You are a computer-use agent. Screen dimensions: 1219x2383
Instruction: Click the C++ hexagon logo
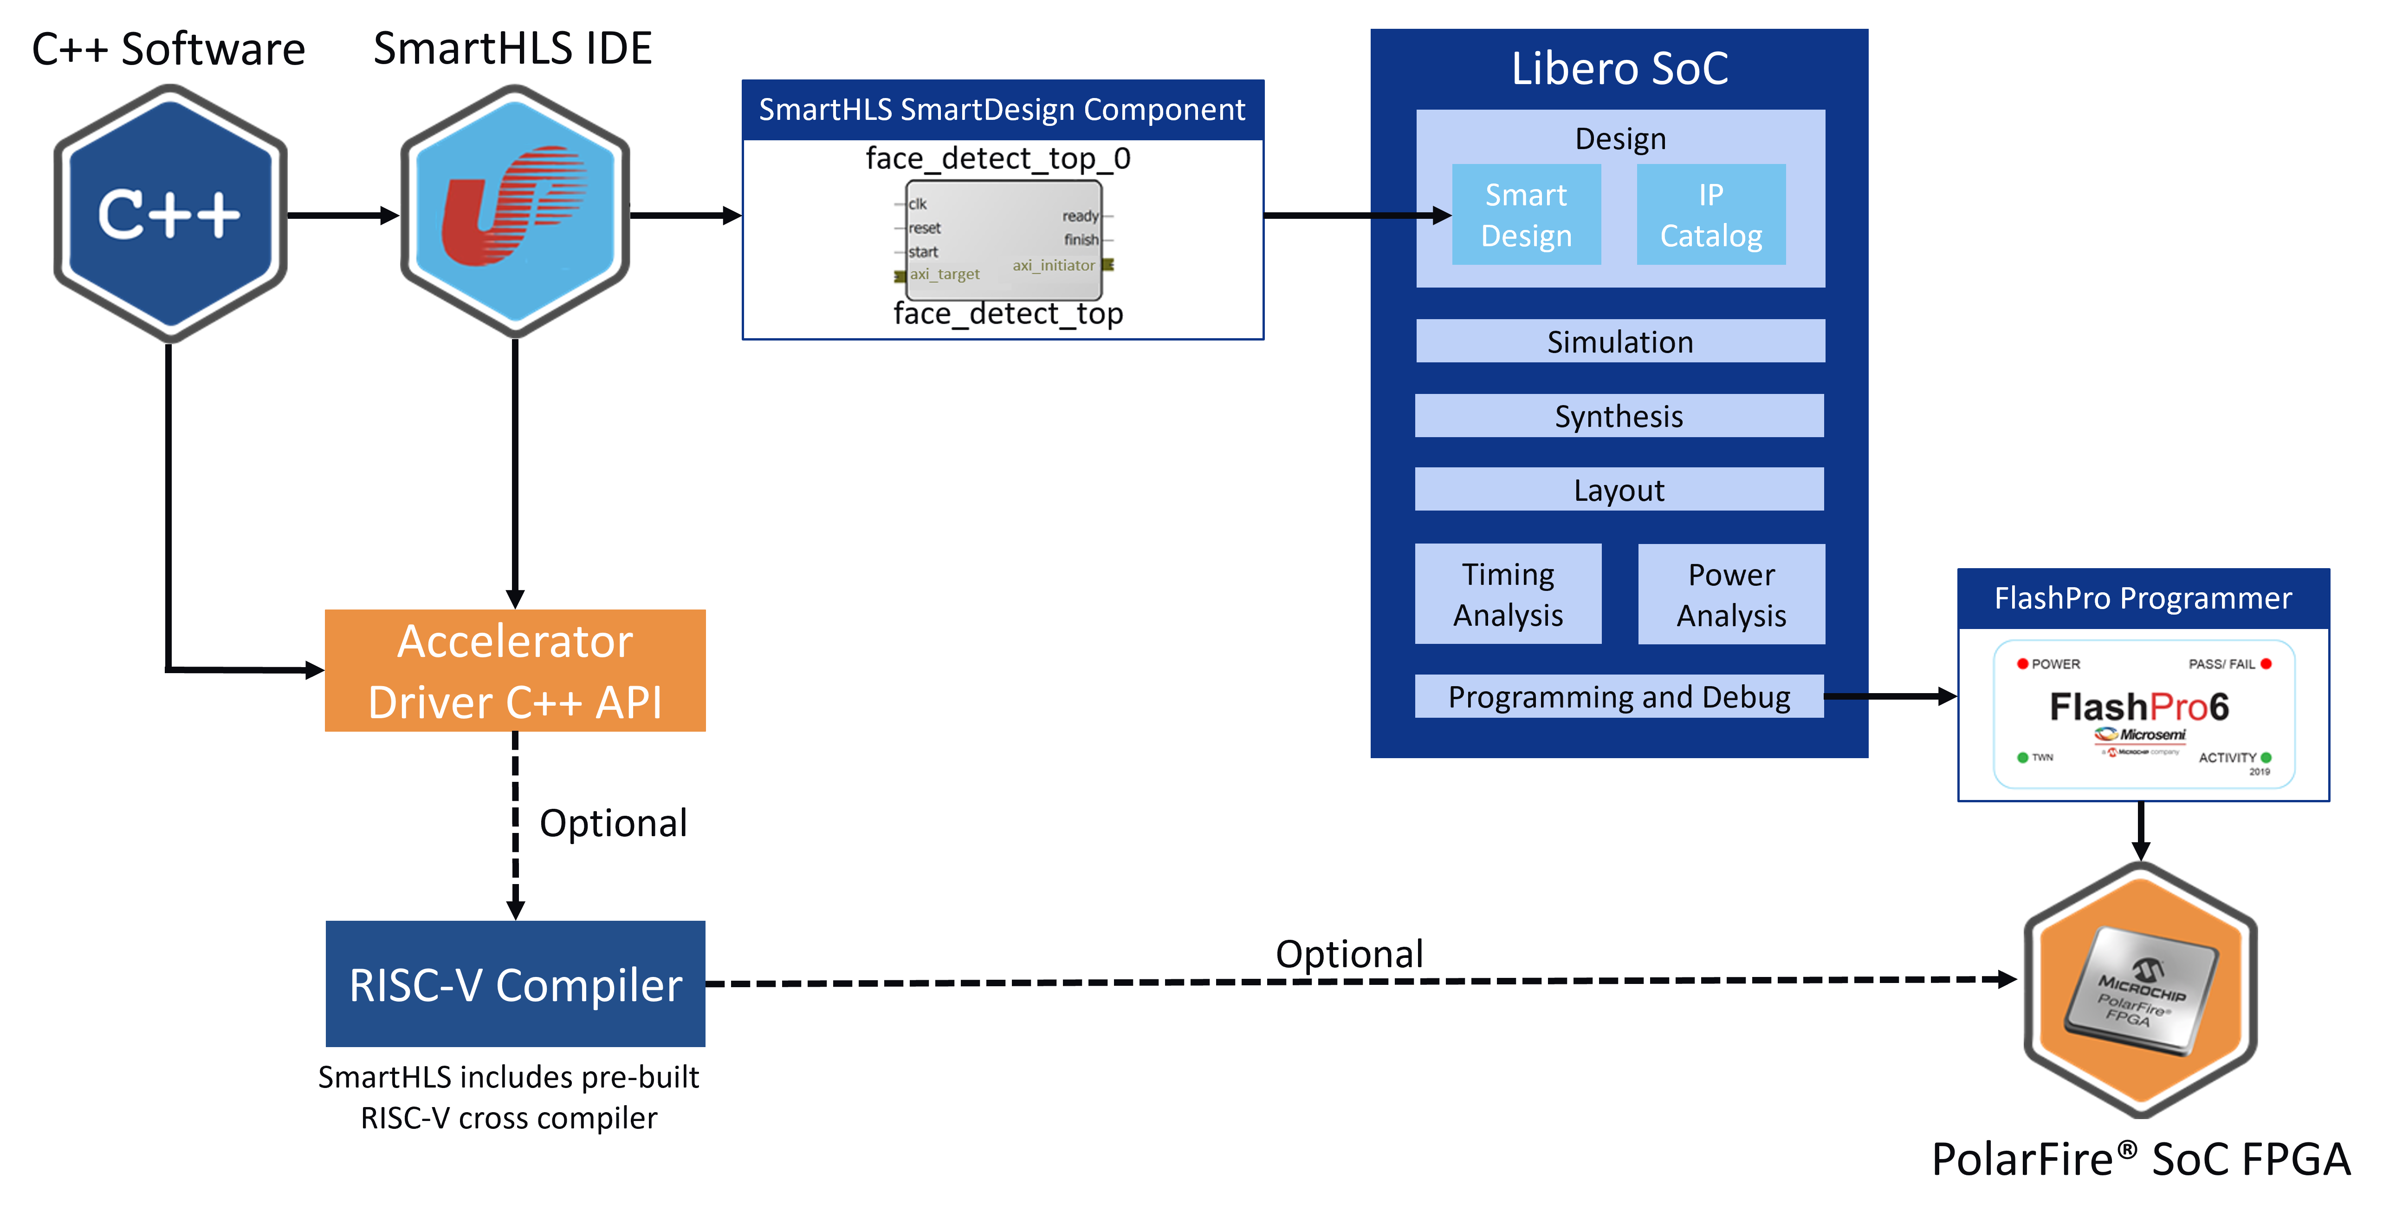[170, 214]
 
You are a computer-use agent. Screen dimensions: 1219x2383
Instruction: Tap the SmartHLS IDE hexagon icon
[514, 212]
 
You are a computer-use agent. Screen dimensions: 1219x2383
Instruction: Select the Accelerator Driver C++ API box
[515, 670]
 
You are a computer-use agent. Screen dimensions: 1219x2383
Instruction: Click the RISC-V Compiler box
[515, 984]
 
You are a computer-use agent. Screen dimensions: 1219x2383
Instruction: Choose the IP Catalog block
[1710, 215]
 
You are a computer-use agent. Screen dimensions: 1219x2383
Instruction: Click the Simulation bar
[1620, 341]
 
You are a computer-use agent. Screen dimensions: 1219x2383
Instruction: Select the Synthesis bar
[1619, 416]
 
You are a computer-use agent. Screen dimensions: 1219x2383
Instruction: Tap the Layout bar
[1619, 490]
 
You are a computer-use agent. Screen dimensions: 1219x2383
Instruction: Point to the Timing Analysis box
[1508, 594]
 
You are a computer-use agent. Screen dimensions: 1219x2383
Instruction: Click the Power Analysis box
[1731, 594]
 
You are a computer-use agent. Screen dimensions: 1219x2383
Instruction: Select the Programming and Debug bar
[1619, 696]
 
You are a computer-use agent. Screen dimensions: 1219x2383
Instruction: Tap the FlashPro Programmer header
[2143, 598]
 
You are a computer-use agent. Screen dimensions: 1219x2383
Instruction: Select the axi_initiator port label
[1054, 266]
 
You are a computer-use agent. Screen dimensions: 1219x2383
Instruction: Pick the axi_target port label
[945, 274]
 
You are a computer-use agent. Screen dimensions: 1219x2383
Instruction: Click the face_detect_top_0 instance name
[997, 158]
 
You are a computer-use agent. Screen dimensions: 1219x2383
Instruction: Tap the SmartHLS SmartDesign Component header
[1002, 110]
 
